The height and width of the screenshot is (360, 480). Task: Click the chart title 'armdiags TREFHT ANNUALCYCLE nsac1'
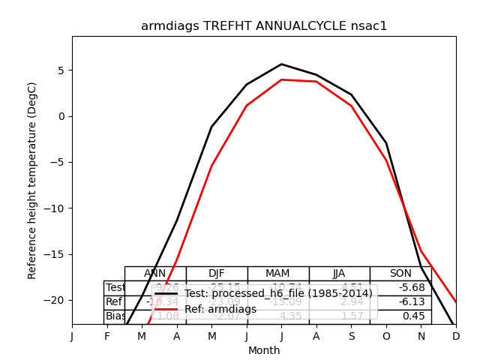point(264,26)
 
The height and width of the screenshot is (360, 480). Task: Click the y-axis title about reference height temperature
point(32,191)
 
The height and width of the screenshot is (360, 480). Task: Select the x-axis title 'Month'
point(264,350)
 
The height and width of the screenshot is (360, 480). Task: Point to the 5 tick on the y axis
point(62,70)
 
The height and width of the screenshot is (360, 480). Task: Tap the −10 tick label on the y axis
point(55,208)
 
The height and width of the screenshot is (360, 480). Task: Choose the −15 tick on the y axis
point(55,253)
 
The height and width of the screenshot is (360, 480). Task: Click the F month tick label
point(107,337)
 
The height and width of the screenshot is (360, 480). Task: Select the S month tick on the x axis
point(351,337)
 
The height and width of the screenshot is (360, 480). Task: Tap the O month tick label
point(386,337)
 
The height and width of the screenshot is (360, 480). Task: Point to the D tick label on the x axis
point(456,337)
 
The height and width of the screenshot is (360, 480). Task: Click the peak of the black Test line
point(281,64)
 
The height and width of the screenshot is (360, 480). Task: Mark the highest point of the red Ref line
point(281,79)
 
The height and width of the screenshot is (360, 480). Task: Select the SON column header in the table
point(400,274)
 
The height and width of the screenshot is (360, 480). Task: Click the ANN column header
point(155,274)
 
